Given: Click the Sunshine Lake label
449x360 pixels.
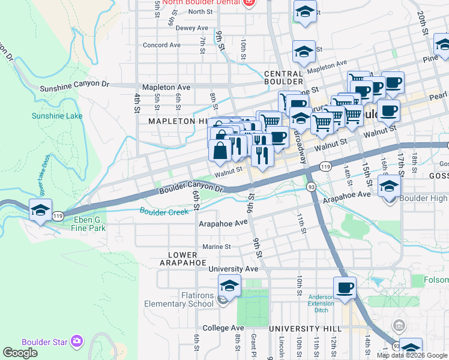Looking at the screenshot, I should tap(49, 116).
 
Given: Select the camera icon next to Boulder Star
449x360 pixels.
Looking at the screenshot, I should tap(76, 341).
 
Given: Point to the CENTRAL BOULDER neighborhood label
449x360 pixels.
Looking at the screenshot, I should tap(283, 77).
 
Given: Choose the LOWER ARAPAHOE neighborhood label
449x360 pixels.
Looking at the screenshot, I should tap(183, 259).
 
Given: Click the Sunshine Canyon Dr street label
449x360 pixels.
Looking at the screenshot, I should tap(74, 87).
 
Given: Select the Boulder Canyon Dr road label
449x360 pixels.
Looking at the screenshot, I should tap(191, 189).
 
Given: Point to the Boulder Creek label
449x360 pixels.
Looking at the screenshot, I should tap(164, 211).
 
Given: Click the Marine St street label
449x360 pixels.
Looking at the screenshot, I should tap(216, 247).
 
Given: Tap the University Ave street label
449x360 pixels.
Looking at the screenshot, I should tap(233, 269).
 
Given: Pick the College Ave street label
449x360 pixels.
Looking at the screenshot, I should tap(223, 328).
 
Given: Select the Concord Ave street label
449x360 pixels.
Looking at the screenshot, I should tap(161, 45).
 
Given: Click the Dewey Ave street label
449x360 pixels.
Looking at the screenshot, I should tap(191, 28).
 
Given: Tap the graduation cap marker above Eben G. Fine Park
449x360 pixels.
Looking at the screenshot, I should tap(40, 211).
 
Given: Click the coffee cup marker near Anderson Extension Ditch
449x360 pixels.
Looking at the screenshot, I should tap(345, 288).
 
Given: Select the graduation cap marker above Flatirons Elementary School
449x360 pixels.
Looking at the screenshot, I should tap(229, 286).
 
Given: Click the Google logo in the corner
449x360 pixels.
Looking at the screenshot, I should tap(20, 353).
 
